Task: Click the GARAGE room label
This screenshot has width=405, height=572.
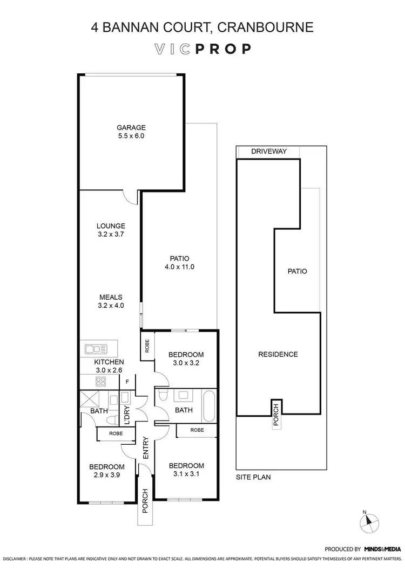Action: point(131,128)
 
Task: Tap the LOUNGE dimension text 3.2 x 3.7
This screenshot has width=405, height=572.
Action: point(111,235)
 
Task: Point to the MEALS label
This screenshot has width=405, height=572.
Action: point(111,297)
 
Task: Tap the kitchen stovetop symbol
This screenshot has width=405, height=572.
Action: point(100,382)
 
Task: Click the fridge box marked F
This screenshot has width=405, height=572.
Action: point(127,382)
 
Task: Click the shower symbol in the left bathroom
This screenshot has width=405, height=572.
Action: point(88,401)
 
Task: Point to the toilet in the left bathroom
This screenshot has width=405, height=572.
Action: point(111,419)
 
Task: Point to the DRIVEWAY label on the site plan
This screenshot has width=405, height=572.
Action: point(268,152)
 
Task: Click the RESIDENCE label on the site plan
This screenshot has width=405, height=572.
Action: point(278,354)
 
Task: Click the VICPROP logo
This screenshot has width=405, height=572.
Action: point(202,49)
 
